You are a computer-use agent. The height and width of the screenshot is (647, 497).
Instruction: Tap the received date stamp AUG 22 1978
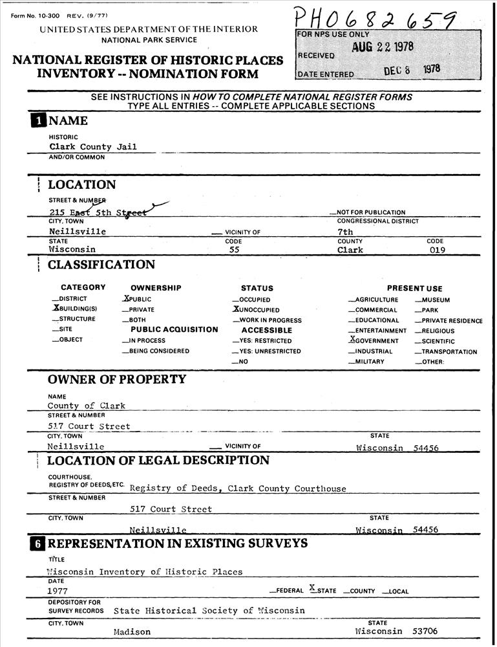(383, 48)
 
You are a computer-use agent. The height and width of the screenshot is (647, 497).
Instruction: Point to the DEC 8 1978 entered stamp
(411, 71)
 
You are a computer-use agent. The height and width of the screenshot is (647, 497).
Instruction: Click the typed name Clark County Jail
(93, 147)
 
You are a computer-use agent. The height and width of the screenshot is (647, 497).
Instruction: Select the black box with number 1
(37, 120)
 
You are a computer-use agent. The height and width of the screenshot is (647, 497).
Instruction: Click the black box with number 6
(37, 543)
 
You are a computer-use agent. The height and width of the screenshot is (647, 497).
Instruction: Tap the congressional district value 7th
(345, 232)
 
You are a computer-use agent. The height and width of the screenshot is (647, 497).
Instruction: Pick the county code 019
(438, 250)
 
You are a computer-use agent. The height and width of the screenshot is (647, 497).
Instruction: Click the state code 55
(235, 250)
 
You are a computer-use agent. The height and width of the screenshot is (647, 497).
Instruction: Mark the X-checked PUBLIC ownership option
(137, 300)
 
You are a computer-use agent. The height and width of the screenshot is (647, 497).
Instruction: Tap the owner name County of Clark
(86, 406)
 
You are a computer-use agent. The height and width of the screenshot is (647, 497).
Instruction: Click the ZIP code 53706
(425, 631)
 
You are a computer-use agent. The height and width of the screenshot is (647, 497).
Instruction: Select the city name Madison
(132, 631)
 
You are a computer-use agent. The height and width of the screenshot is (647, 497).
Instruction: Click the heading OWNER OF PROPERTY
(117, 380)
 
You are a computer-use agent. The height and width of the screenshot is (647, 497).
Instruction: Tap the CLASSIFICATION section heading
(101, 265)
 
